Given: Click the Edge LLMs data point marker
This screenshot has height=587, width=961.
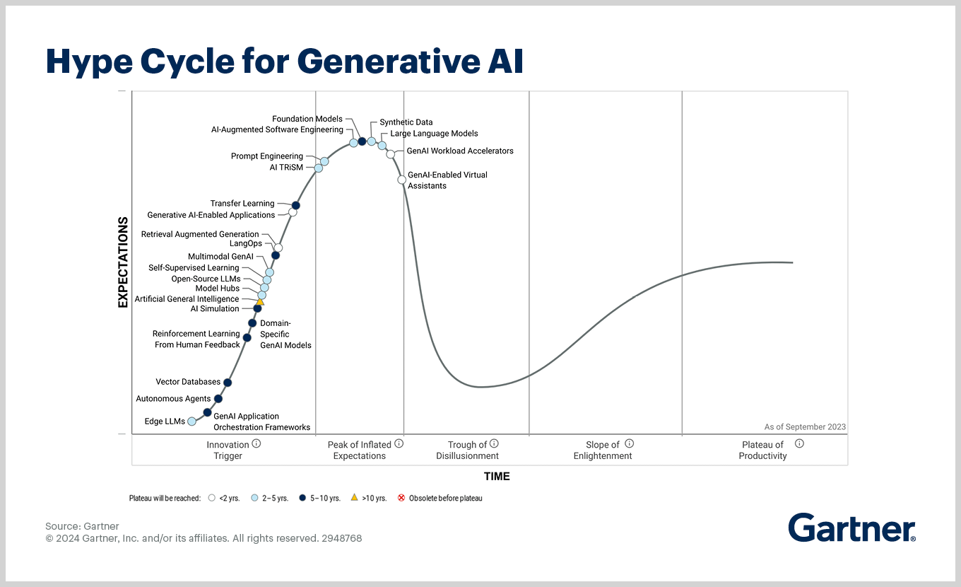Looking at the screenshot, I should point(191,422).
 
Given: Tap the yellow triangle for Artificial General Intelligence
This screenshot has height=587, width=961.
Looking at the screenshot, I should point(260,302).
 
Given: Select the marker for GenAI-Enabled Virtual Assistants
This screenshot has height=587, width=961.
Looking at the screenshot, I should point(402,180).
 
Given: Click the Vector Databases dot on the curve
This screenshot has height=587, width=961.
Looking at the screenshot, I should point(228,383).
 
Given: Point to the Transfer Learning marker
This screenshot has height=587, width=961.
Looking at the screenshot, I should point(296,205).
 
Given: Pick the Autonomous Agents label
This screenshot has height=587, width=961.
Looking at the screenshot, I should point(173,399).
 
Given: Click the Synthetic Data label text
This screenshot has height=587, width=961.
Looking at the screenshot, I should point(406,122).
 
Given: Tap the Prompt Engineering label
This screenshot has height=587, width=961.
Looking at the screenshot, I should point(266,156).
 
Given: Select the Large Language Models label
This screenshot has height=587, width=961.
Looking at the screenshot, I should point(434,134).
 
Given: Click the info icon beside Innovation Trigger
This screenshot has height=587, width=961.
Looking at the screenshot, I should point(257,444).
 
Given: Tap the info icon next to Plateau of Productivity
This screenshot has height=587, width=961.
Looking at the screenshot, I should point(799,444).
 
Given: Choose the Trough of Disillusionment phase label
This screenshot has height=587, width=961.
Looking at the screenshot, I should point(467,451).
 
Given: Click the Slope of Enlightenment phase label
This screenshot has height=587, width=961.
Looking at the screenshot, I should point(603,451).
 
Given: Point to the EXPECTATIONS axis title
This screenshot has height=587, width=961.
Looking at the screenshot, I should point(122,262).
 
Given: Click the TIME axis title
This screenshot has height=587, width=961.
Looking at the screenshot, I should point(497,476).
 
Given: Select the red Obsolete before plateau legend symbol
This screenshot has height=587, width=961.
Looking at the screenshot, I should point(401,498).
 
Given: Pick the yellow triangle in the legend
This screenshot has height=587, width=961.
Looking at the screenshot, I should point(354,498).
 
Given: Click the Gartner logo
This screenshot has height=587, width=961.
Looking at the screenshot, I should point(851,528).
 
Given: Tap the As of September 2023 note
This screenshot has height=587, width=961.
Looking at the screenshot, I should point(805,427).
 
